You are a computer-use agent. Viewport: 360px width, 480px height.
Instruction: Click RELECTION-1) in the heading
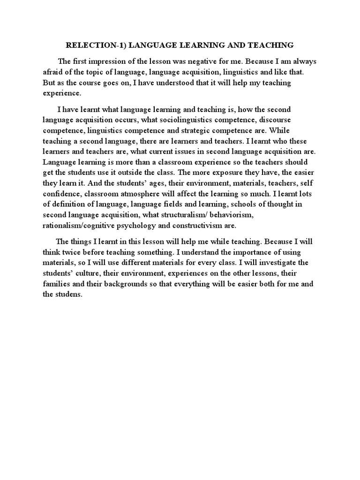94,45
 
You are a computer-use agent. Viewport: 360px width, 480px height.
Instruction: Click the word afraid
54,72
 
